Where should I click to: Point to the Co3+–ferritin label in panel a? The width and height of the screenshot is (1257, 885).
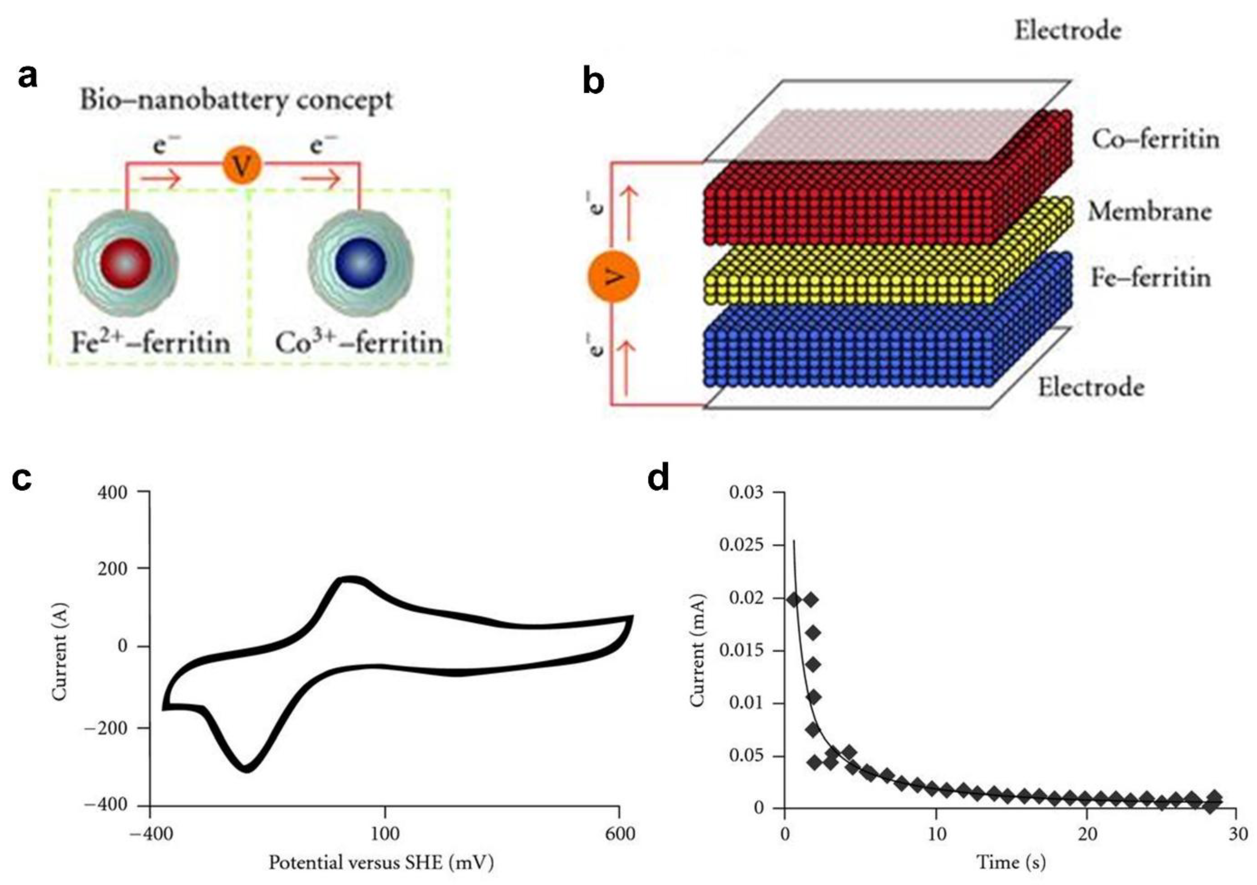point(359,343)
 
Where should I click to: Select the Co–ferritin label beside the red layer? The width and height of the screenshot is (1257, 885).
point(1156,139)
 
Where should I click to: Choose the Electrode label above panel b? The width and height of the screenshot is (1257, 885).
point(1068,31)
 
